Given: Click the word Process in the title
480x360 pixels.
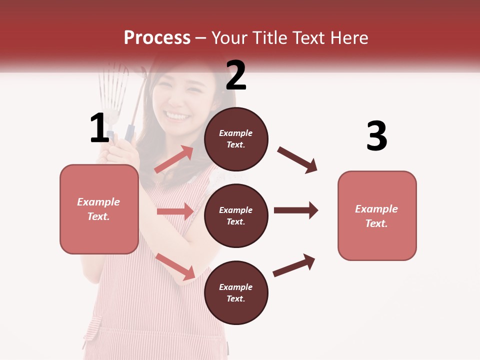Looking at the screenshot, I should (157, 37).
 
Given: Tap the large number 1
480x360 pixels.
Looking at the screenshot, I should (99, 128).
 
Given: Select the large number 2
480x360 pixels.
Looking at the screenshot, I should (236, 75).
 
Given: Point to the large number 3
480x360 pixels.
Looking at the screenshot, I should (376, 136).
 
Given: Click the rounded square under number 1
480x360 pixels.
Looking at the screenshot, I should (99, 209).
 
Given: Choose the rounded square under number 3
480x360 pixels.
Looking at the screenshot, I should (377, 215).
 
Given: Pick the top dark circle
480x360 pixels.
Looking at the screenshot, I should (236, 139).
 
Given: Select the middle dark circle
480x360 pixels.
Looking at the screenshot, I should (236, 215).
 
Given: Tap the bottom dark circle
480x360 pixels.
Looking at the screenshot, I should (236, 292).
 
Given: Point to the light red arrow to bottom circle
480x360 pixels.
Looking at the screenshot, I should (175, 266).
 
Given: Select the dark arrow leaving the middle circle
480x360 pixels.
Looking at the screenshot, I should (295, 210).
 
